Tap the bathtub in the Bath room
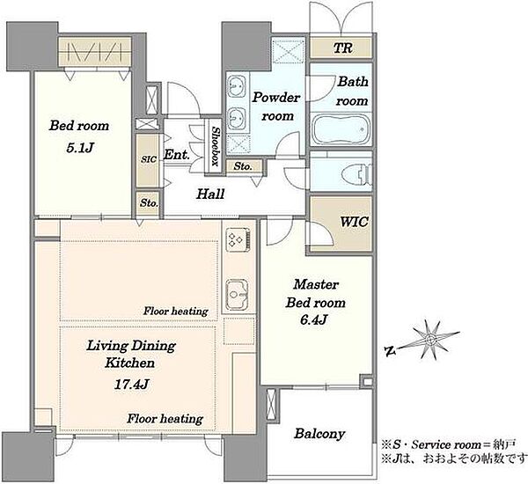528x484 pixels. click(x=341, y=129)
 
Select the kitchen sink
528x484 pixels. click(x=238, y=295)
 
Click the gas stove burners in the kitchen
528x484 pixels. click(x=238, y=239)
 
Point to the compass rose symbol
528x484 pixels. click(x=430, y=340)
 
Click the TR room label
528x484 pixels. click(x=343, y=48)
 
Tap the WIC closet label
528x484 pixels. click(x=354, y=222)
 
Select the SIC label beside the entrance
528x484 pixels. click(x=149, y=159)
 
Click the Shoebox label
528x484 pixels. click(x=216, y=146)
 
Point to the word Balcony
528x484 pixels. click(x=319, y=434)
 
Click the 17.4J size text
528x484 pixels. click(x=132, y=384)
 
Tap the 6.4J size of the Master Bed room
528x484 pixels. click(x=313, y=319)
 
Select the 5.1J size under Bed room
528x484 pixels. click(x=79, y=148)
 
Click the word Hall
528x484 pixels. click(x=210, y=194)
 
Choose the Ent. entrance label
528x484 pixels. click(x=177, y=155)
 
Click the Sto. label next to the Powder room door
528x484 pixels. click(x=243, y=166)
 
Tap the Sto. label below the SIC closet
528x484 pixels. click(x=149, y=203)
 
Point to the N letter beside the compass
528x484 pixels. click(x=390, y=352)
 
